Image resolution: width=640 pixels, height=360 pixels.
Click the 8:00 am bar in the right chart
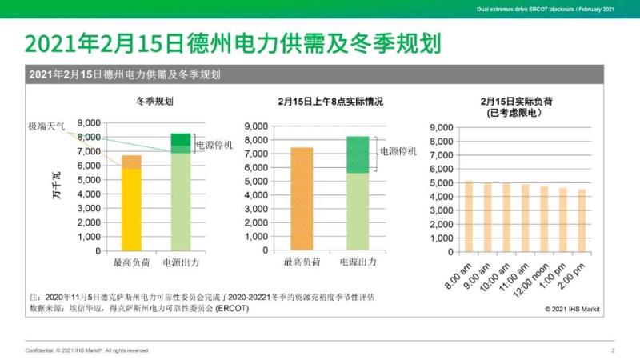tap(469, 216)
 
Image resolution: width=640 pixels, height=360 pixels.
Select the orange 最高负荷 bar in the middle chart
tap(302, 198)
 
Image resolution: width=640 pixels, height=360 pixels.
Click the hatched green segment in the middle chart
tap(357, 154)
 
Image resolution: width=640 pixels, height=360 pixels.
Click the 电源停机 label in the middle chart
tap(398, 151)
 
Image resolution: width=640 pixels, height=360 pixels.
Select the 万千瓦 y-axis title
tap(57, 189)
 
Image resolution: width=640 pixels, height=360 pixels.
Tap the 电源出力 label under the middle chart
tap(357, 262)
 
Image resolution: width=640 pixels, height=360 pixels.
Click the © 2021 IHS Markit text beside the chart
tap(573, 307)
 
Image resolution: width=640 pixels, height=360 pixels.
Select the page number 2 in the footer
tap(613, 350)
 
